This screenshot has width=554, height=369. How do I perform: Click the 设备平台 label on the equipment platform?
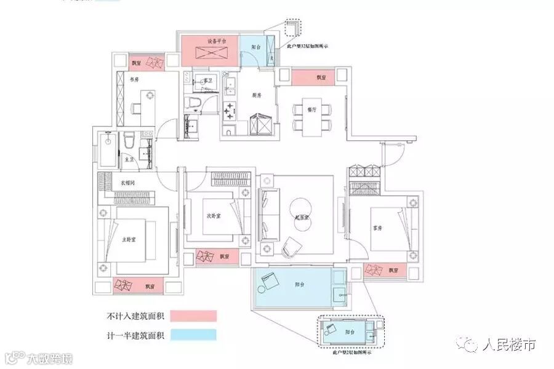click(x=216, y=42)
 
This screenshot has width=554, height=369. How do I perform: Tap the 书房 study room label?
click(x=134, y=79)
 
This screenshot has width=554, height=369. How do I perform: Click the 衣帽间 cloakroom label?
click(x=127, y=183)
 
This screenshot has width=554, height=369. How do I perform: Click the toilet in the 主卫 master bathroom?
click(x=129, y=140)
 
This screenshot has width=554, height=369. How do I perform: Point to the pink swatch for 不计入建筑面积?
click(x=194, y=316)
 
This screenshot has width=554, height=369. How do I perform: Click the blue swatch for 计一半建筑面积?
click(x=194, y=335)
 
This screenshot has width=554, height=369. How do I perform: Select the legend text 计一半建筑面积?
click(x=136, y=336)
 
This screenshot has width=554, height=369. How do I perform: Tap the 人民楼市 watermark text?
click(x=509, y=346)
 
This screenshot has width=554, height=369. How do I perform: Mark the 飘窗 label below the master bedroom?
click(x=149, y=287)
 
